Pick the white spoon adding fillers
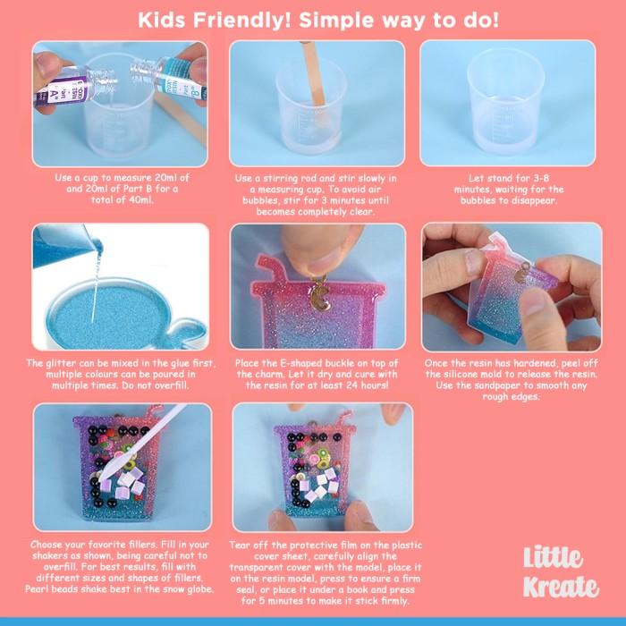click(140, 444)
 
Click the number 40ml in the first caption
click(137, 199)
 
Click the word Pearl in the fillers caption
click(37, 588)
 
